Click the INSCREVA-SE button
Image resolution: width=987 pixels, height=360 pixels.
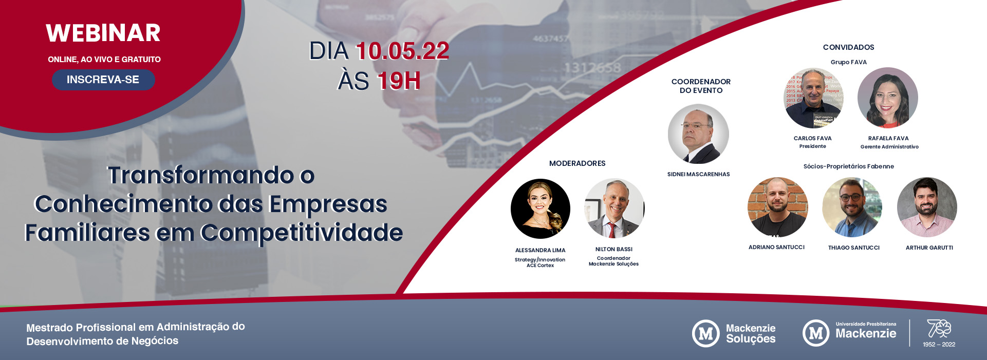pyautogui.click(x=103, y=80)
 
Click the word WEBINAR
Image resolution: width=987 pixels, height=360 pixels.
pyautogui.click(x=103, y=33)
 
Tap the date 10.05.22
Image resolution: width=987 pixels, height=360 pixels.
pyautogui.click(x=402, y=51)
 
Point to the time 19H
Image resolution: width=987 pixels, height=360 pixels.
pyautogui.click(x=399, y=81)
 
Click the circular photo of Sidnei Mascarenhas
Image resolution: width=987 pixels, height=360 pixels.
pyautogui.click(x=698, y=134)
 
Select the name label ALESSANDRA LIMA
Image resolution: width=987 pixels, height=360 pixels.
pyautogui.click(x=540, y=250)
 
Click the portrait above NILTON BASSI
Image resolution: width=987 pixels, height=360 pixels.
pyautogui.click(x=614, y=208)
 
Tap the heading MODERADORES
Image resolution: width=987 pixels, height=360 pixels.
pyautogui.click(x=577, y=163)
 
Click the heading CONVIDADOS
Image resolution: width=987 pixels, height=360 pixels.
pyautogui.click(x=848, y=47)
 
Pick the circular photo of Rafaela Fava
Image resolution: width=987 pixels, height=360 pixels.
pyautogui.click(x=887, y=98)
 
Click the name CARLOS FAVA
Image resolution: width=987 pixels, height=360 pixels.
pyautogui.click(x=812, y=138)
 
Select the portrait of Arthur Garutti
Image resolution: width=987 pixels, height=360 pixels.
pyautogui.click(x=927, y=207)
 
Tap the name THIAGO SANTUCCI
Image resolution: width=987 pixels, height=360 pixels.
pyautogui.click(x=853, y=248)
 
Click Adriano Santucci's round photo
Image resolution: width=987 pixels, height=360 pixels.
pyautogui.click(x=777, y=207)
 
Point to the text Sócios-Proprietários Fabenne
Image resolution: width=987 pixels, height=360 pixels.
pyautogui.click(x=848, y=166)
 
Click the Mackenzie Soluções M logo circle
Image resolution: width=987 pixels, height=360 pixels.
pyautogui.click(x=705, y=333)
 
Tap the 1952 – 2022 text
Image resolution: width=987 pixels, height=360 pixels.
pyautogui.click(x=939, y=345)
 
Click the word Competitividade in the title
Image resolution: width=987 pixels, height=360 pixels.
pyautogui.click(x=301, y=233)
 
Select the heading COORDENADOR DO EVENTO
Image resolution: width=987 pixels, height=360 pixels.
pyautogui.click(x=701, y=86)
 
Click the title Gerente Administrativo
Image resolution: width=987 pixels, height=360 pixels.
pyautogui.click(x=889, y=147)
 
